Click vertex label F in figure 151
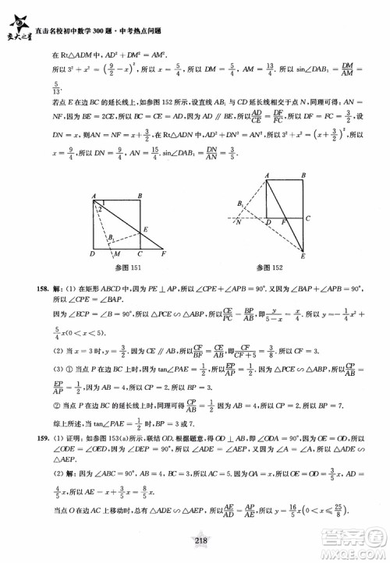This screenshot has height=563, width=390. point(163,254)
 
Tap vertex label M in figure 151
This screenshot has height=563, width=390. point(116,255)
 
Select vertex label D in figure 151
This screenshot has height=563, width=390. point(92,254)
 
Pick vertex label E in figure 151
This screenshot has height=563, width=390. point(146,229)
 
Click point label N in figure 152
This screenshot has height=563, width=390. point(237,223)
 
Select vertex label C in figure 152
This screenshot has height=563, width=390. point(308,218)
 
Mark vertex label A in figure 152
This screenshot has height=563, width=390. point(267,175)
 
